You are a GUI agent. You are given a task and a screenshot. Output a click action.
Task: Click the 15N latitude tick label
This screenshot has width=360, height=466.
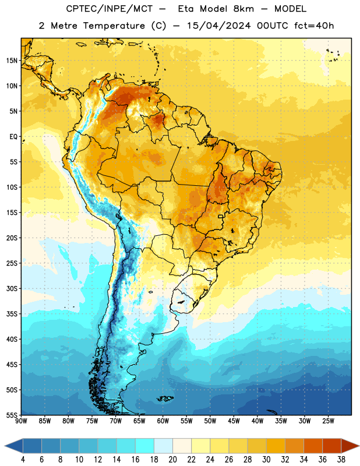(x=12, y=61)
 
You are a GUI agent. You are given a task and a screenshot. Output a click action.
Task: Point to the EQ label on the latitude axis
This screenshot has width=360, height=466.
(x=13, y=137)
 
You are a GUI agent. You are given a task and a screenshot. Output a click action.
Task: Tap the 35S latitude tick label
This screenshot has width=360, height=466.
(x=12, y=314)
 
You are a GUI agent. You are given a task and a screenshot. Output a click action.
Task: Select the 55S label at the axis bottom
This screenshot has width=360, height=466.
(x=12, y=415)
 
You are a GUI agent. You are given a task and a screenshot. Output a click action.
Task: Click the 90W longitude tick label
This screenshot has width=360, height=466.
(x=21, y=421)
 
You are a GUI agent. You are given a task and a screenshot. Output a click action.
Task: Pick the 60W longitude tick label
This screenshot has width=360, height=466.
(x=163, y=421)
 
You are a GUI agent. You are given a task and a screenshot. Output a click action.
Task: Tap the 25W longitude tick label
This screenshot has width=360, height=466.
(x=328, y=421)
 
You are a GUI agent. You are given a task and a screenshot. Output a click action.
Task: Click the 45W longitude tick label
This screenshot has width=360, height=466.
(x=234, y=421)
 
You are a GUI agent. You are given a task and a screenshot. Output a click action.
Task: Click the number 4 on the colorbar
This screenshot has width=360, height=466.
(x=23, y=460)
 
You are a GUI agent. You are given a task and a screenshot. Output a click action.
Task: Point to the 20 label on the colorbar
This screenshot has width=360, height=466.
(x=172, y=460)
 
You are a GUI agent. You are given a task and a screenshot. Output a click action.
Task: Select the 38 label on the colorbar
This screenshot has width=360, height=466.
(x=341, y=460)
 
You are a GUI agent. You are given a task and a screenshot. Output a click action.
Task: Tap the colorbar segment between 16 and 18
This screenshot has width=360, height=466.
(x=145, y=446)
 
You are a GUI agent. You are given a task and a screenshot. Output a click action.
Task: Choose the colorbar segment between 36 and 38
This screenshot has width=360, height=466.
(x=332, y=446)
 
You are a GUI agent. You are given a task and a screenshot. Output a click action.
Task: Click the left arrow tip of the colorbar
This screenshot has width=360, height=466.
(x=5, y=446)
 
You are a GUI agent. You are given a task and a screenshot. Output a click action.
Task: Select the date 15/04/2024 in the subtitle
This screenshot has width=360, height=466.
(x=218, y=26)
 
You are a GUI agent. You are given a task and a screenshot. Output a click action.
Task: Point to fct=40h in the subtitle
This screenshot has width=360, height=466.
(x=314, y=26)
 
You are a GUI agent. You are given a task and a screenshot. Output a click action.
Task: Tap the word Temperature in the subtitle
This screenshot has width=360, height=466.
(x=114, y=26)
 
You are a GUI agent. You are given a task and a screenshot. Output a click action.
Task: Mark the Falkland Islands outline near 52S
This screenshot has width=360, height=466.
(x=165, y=398)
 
